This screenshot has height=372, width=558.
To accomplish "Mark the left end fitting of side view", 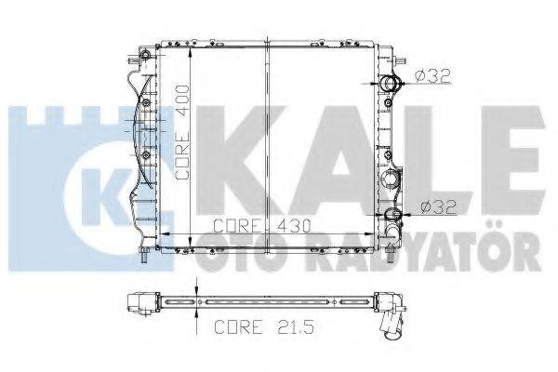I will pos(142,303).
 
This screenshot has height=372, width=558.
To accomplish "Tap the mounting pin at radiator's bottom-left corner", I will pos(145,251).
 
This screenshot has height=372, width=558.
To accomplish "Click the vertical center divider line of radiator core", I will pos(267,139).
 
